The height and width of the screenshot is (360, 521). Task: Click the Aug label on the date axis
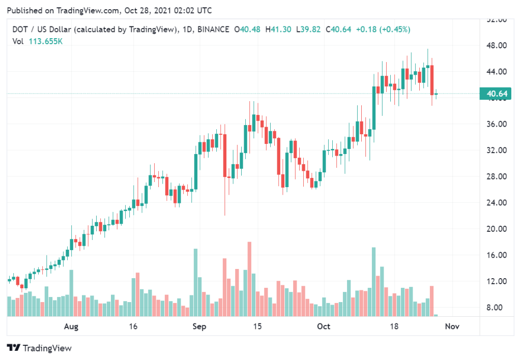click(72, 326)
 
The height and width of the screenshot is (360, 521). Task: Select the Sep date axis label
click(199, 326)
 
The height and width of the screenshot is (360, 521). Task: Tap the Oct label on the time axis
click(324, 326)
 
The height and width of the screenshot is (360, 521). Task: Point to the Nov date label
click(452, 326)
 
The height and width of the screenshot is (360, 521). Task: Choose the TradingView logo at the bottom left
click(39, 348)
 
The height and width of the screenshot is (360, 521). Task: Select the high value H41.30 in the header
click(277, 29)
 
